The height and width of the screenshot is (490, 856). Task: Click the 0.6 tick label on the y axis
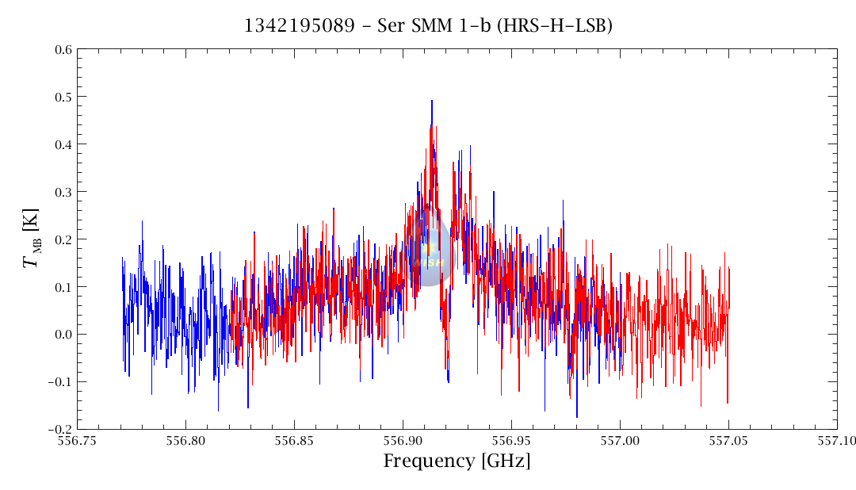(63, 50)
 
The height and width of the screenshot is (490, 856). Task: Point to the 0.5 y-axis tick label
(63, 98)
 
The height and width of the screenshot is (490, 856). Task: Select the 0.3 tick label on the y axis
(63, 193)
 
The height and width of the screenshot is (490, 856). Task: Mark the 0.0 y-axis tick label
(63, 335)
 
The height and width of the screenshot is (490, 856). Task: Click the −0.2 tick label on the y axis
(59, 430)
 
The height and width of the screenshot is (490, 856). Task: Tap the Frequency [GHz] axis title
(457, 461)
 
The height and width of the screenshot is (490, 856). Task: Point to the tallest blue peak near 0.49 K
(432, 101)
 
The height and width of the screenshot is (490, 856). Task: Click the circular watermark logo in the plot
(428, 252)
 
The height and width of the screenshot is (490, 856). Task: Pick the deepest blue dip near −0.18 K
(577, 416)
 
